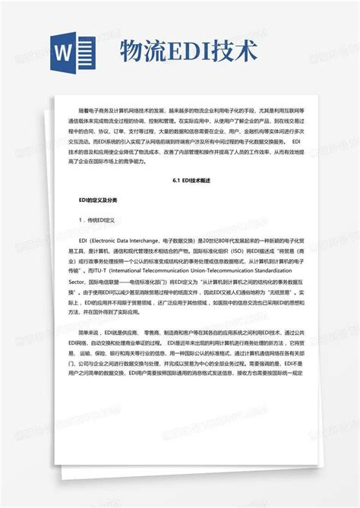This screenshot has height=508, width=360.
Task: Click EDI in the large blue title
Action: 196,52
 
